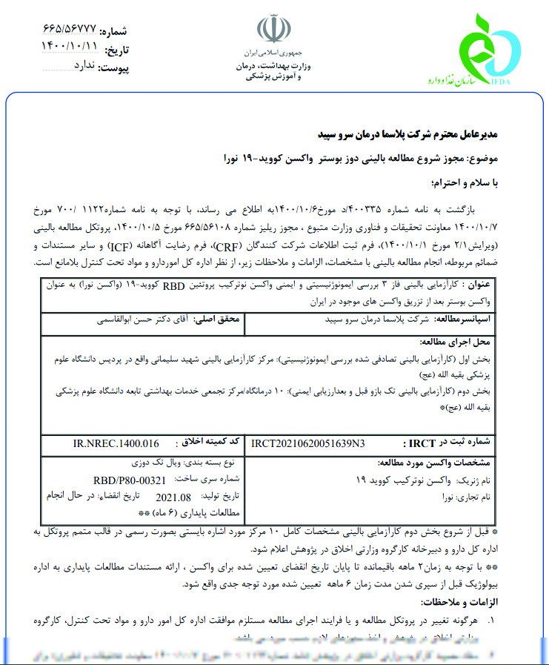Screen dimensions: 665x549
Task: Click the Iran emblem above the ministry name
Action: (274, 31)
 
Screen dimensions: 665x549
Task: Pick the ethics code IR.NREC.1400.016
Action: (116, 443)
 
